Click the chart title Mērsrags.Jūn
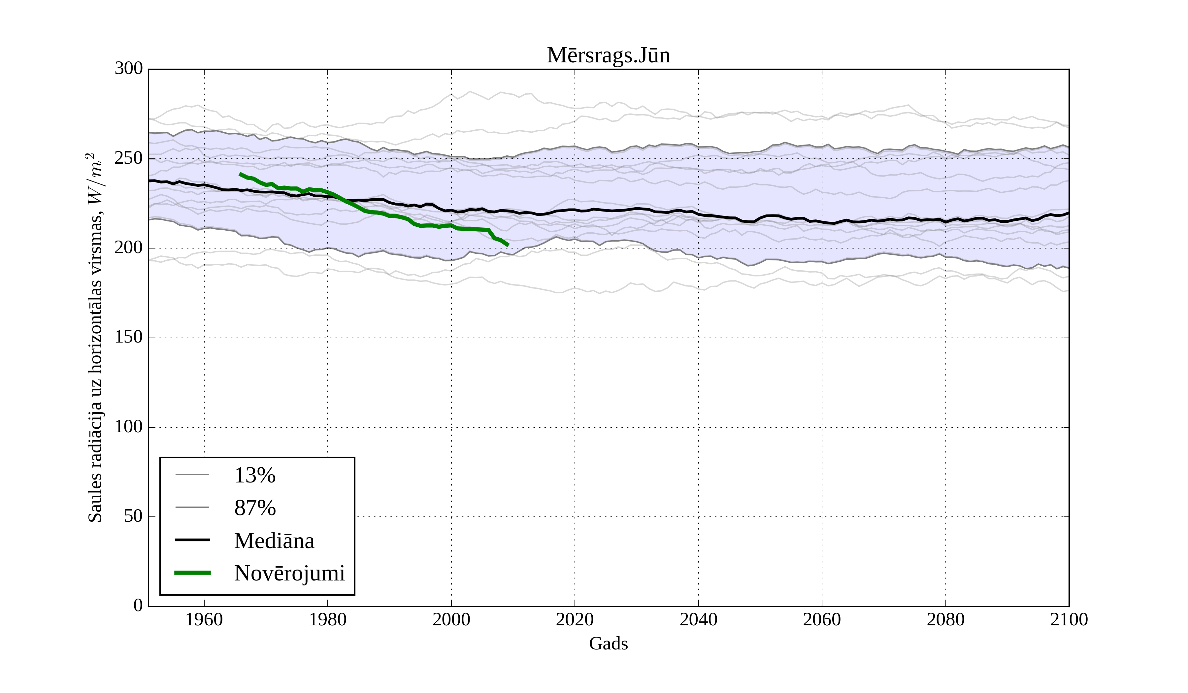coord(608,56)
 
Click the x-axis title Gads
coord(608,643)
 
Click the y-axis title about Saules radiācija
coord(95,338)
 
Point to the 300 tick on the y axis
coord(128,69)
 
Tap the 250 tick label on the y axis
coord(128,158)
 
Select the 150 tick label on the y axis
coord(128,338)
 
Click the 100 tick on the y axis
coord(128,427)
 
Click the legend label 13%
coord(254,476)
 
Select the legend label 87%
coord(254,508)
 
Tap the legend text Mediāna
coord(274,541)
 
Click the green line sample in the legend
coord(192,573)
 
